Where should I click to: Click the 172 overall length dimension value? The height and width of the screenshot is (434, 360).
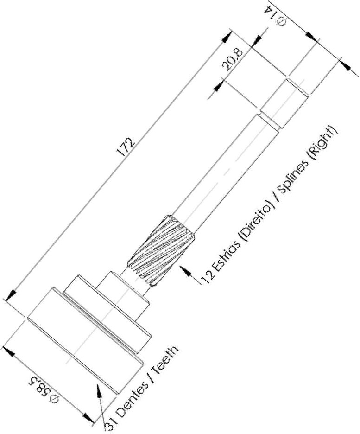click(127, 147)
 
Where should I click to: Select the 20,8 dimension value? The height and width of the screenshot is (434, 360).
click(233, 59)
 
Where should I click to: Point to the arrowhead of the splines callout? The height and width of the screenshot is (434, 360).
click(185, 270)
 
